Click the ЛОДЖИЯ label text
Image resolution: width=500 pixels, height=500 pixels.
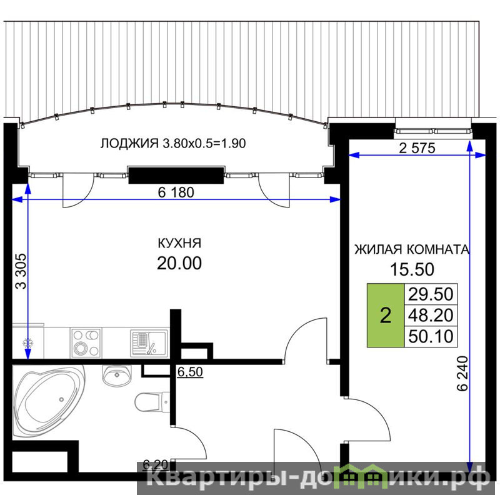click(x=129, y=144)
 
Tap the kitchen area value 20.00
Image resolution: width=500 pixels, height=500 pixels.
click(x=179, y=263)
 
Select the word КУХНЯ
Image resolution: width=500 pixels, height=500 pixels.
click(x=179, y=243)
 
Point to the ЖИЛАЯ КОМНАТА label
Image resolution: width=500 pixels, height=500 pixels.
click(x=412, y=249)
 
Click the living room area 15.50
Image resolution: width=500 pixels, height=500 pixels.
click(x=412, y=269)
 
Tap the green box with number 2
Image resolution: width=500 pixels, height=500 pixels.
click(x=386, y=315)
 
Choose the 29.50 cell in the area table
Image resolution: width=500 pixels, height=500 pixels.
click(x=431, y=294)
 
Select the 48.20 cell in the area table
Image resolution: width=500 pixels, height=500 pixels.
click(x=431, y=315)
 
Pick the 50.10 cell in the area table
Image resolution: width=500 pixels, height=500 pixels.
click(x=431, y=336)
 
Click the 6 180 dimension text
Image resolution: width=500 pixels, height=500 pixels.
click(x=176, y=192)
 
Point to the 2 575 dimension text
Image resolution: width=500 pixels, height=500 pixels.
click(x=417, y=148)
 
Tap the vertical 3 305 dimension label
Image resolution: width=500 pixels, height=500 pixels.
click(x=21, y=271)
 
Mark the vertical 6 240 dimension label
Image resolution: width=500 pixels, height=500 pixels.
click(x=462, y=373)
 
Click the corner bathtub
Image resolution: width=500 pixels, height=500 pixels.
click(x=49, y=401)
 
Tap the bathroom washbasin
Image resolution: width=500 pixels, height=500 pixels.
click(x=117, y=375)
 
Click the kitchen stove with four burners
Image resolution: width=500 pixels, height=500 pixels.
click(x=86, y=342)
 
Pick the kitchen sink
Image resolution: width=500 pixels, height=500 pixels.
click(x=149, y=343)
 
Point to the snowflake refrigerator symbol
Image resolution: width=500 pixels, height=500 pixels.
click(x=27, y=343)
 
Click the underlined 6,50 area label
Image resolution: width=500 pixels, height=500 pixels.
click(x=190, y=372)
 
